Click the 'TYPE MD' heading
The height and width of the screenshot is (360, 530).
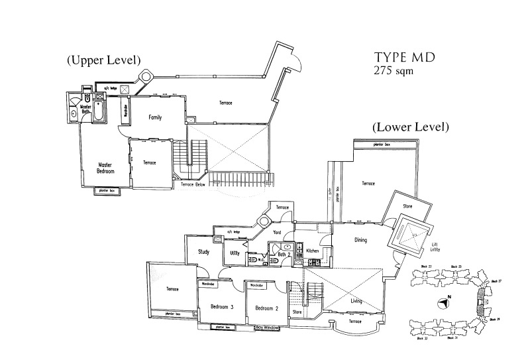pos(404,57)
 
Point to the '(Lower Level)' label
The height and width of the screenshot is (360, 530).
pos(410,126)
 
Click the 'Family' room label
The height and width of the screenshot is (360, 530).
pos(155,117)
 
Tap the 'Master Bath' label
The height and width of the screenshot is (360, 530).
pos(85,109)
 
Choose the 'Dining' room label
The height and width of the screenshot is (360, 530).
pos(360,240)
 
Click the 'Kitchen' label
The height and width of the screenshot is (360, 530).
pos(313,251)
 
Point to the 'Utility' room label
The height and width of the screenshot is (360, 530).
pos(235,253)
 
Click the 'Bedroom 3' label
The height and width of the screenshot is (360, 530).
pos(223,307)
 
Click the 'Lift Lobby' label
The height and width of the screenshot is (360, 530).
pos(435,249)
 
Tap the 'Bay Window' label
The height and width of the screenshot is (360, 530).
pos(270,328)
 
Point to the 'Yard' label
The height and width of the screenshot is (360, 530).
pos(278,233)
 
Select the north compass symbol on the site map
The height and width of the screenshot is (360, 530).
pos(443,304)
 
